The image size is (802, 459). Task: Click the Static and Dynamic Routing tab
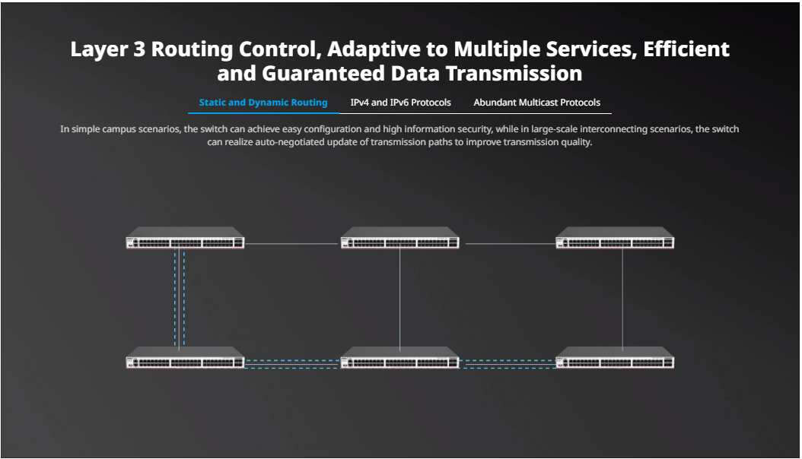(263, 103)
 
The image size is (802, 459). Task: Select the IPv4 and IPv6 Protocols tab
(400, 103)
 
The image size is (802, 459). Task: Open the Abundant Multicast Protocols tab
(536, 103)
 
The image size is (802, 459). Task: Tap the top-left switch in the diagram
(185, 238)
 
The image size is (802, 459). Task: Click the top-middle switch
(400, 238)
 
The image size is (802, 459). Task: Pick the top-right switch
(615, 238)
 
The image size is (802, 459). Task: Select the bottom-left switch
(185, 358)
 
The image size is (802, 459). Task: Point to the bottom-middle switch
(400, 358)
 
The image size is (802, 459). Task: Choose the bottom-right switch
(615, 358)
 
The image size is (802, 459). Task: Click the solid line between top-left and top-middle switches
(292, 243)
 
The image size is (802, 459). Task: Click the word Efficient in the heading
(686, 49)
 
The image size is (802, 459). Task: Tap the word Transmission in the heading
(514, 74)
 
